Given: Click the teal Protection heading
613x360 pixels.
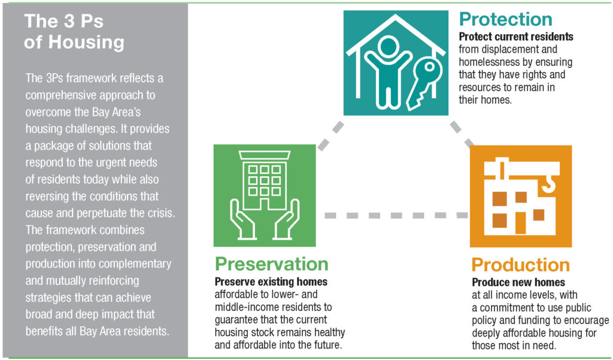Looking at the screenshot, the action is (x=505, y=19).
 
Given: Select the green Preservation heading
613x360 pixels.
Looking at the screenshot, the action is (x=271, y=264).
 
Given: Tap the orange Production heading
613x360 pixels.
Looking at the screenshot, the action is (x=520, y=265).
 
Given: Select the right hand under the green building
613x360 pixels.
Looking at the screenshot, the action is (x=287, y=220).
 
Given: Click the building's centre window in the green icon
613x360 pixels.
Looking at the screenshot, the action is (x=265, y=180).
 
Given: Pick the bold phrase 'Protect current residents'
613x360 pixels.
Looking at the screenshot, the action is (x=516, y=37).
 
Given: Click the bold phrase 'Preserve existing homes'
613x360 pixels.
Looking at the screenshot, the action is (x=271, y=282).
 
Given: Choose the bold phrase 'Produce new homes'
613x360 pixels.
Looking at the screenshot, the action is (x=518, y=282).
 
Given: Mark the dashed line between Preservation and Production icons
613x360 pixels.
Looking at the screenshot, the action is (x=396, y=215).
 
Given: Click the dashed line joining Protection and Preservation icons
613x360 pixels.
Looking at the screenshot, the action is (x=330, y=136).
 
